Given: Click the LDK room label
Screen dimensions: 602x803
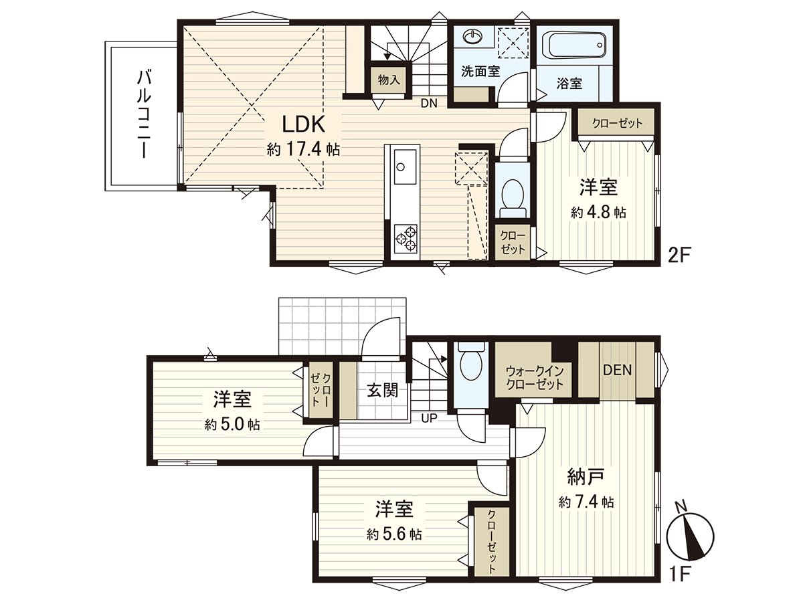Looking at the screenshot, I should (303, 124).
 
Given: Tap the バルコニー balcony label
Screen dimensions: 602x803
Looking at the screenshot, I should (143, 114).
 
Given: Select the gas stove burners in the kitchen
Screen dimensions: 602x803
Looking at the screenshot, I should (405, 238).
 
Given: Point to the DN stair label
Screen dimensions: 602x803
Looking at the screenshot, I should (429, 104).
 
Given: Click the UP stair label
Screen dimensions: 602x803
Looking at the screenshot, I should (430, 419).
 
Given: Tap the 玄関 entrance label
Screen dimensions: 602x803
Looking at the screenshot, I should (382, 389).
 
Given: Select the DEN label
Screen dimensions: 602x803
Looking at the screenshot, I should (617, 370).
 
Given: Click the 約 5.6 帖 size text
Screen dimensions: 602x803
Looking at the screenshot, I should (393, 534).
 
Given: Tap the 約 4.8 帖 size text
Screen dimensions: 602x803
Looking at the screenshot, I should (598, 213).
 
